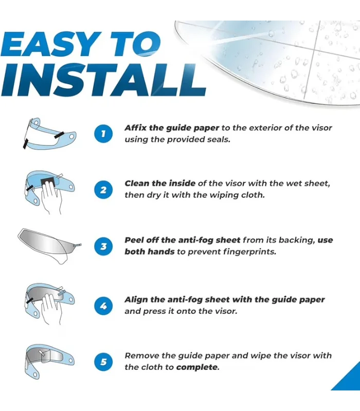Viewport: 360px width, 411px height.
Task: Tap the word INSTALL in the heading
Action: click(x=103, y=80)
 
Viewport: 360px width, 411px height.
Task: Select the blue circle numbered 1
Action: click(x=103, y=134)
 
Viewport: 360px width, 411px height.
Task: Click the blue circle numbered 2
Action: click(x=103, y=190)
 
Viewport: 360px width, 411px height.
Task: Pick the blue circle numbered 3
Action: click(x=103, y=246)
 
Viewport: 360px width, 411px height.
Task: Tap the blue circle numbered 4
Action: click(x=103, y=306)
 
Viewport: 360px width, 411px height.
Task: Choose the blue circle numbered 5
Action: click(x=103, y=362)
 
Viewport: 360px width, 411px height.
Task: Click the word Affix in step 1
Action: click(x=135, y=127)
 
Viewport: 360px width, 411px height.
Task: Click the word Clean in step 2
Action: click(x=137, y=183)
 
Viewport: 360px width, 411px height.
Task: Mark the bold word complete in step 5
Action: click(x=197, y=367)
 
